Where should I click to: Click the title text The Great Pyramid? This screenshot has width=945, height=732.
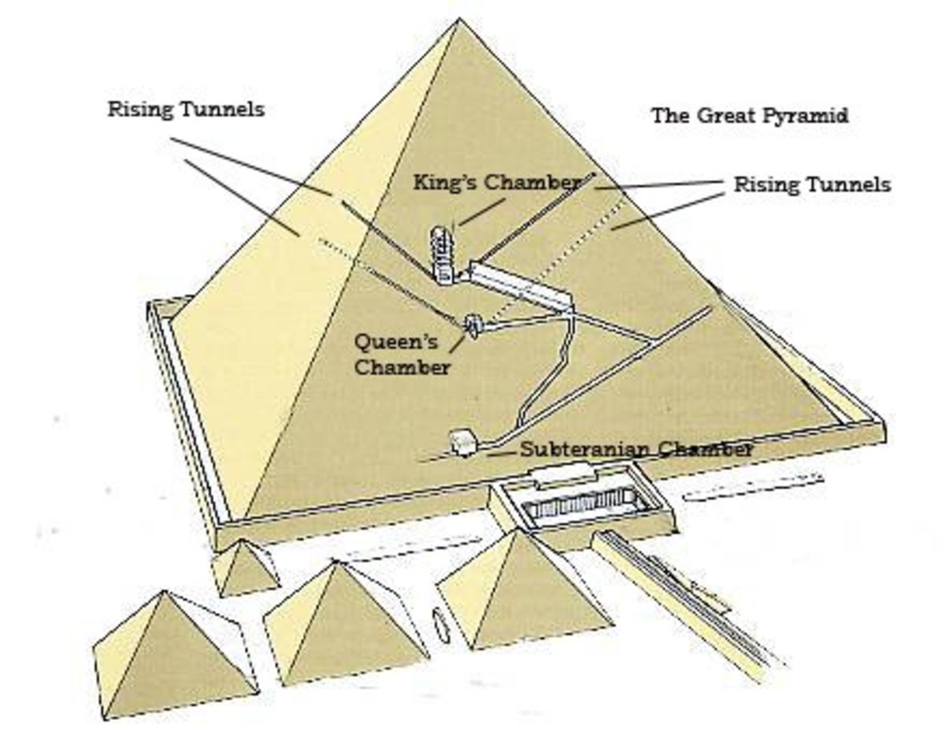click(749, 116)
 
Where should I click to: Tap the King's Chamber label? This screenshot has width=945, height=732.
click(496, 183)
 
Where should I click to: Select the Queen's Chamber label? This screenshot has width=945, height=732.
click(402, 354)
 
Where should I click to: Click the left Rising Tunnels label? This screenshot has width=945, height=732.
click(186, 110)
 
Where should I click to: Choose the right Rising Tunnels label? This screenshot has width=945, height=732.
click(812, 184)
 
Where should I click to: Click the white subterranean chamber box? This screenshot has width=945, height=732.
click(461, 443)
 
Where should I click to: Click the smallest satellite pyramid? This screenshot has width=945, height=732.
click(246, 567)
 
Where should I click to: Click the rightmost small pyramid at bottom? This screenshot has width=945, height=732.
click(524, 591)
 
